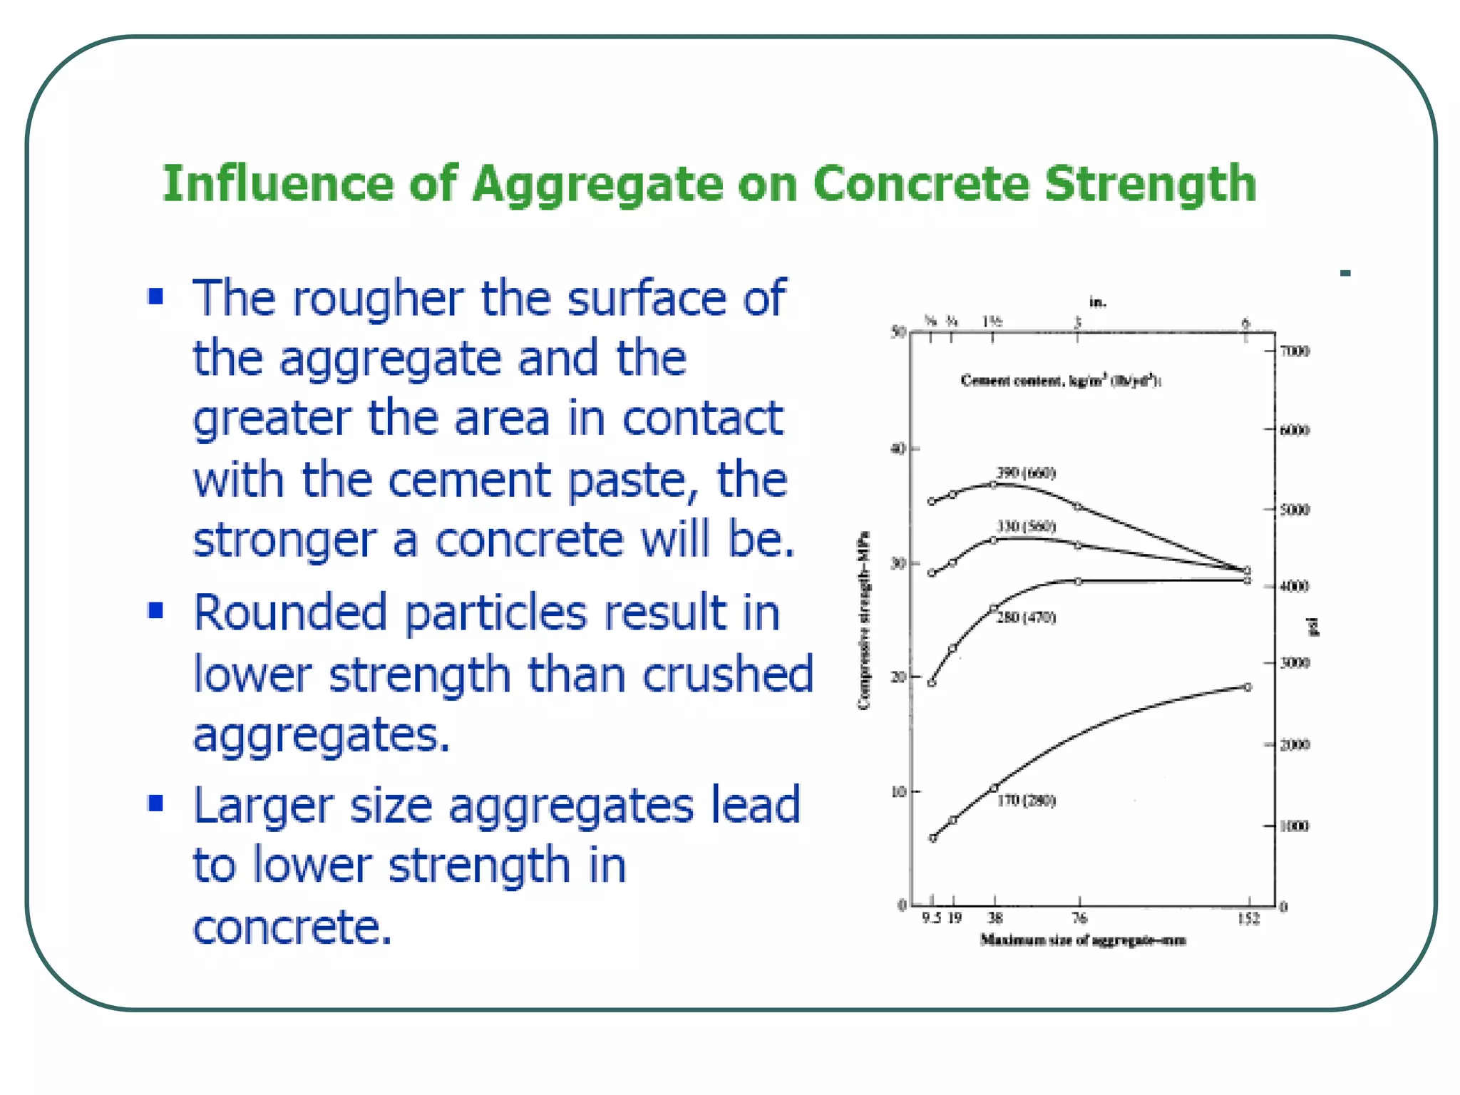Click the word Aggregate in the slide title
pos(597,185)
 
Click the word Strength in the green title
pos(1150,185)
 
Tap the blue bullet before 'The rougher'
pos(155,296)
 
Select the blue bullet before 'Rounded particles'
pos(155,611)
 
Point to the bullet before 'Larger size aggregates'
pos(155,803)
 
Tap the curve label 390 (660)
pos(1026,473)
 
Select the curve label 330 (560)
pos(1026,527)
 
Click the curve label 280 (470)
pos(1026,617)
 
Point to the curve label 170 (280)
pos(1026,801)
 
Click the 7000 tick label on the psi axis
pos(1295,351)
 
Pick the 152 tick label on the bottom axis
pos(1248,919)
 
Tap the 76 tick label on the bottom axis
pos(1079,918)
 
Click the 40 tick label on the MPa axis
pos(898,448)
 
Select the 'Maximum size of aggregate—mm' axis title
pos(1083,940)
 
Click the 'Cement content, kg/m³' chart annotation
pos(1060,381)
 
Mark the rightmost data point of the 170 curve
pos(1248,687)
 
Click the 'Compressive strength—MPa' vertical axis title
pos(864,620)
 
